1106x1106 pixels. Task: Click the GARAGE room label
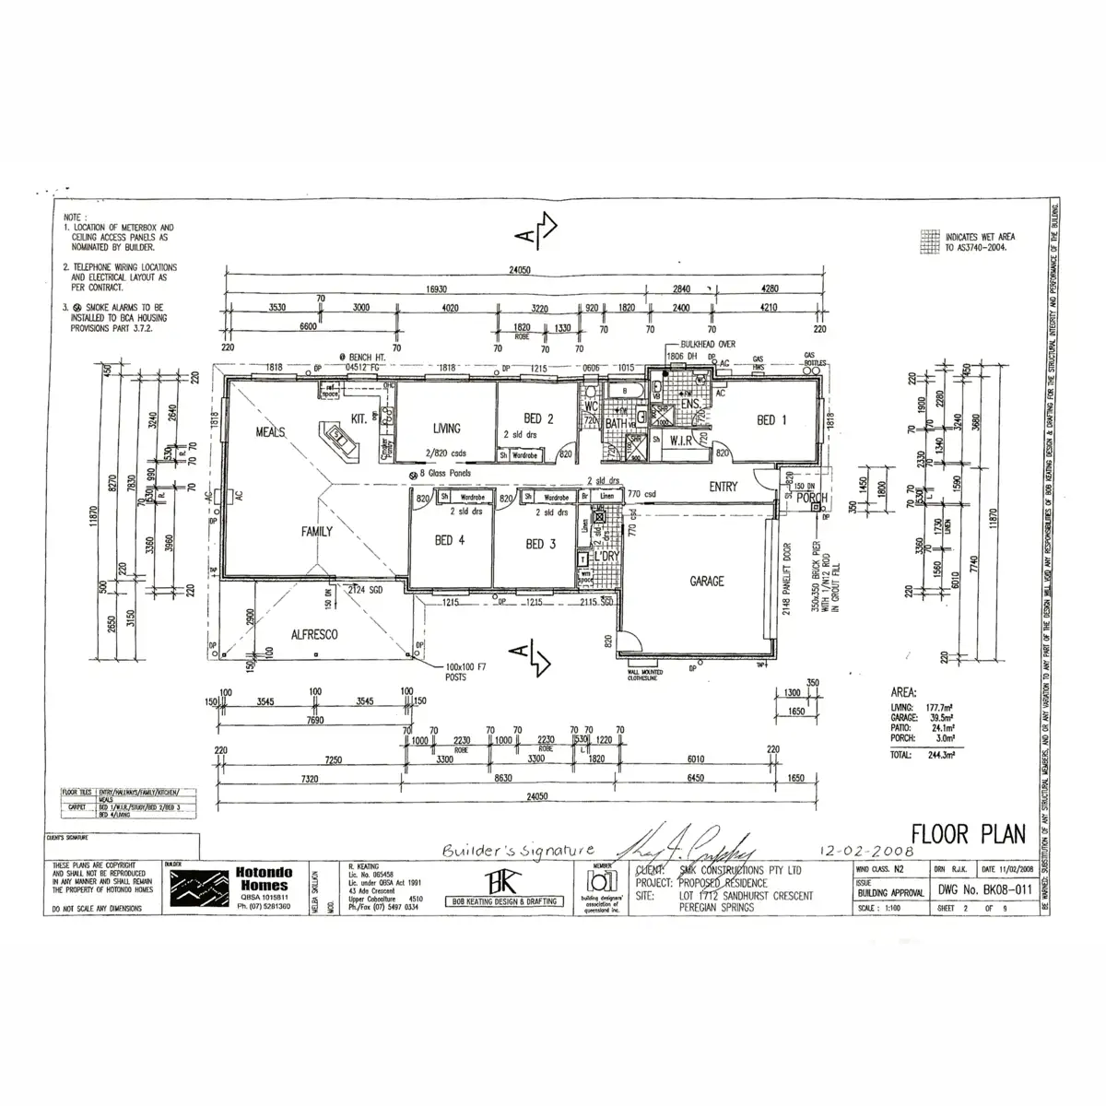tap(707, 582)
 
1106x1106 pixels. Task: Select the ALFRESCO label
tap(314, 635)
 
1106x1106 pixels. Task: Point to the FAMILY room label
tap(316, 532)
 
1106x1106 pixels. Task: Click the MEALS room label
tap(270, 432)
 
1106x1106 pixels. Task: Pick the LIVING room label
tap(446, 428)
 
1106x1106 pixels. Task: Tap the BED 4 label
tap(451, 541)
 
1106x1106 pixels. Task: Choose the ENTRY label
tap(724, 487)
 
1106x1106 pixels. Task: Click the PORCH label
tap(812, 499)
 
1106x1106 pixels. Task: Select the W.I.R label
tap(681, 440)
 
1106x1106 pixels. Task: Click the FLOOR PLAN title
tap(968, 834)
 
